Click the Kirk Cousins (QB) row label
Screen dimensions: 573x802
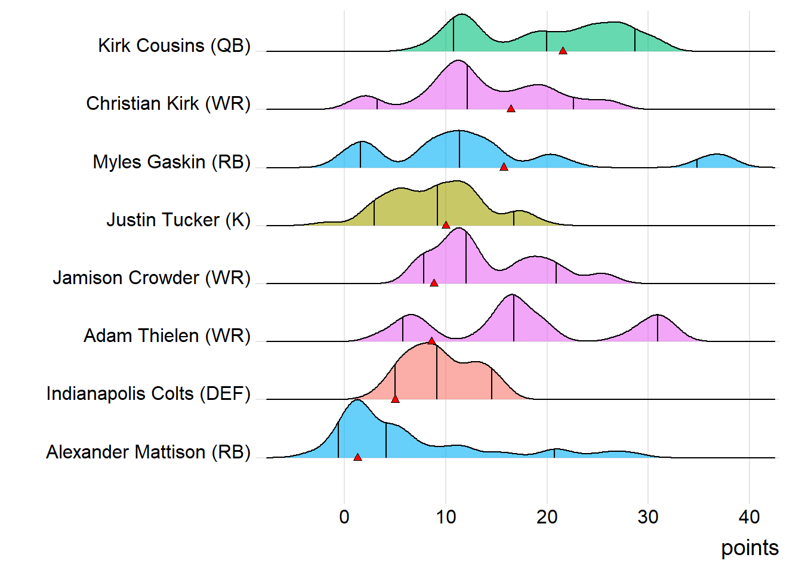[174, 45]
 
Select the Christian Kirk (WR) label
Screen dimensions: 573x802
[168, 103]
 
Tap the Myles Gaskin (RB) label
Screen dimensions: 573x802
[172, 162]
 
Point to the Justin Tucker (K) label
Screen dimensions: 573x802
[178, 220]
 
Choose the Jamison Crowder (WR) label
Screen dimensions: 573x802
[152, 278]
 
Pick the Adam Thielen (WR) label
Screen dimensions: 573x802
[167, 335]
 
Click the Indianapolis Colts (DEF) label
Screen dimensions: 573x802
[149, 393]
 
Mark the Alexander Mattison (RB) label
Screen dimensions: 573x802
[149, 452]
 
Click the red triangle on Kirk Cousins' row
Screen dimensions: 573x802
[563, 51]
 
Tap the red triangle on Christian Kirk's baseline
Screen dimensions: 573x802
[511, 109]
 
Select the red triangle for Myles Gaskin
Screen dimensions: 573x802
[504, 167]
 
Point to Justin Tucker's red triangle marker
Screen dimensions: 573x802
[446, 225]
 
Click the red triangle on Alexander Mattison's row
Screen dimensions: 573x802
[357, 457]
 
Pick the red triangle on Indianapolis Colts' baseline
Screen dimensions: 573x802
[395, 399]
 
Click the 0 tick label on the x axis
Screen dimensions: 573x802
[344, 517]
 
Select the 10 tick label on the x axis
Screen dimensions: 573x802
[446, 517]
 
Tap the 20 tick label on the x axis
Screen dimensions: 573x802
[547, 517]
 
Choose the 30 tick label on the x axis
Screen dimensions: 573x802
[648, 517]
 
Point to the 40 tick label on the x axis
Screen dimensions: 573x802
[749, 517]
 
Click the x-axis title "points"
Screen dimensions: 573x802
[749, 547]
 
